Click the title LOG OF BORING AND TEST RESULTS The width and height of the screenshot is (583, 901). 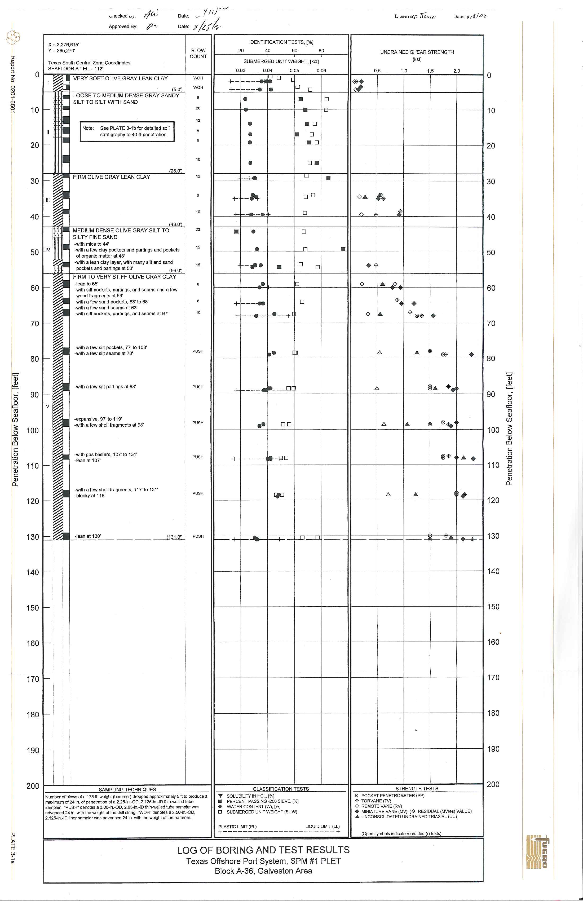263,850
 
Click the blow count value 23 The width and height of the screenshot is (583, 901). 198,229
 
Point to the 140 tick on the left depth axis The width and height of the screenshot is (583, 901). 33,572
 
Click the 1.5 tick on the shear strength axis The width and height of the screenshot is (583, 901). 430,71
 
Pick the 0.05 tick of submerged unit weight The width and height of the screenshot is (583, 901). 294,70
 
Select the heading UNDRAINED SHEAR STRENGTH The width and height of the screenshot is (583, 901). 417,52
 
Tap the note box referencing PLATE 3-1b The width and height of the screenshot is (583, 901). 127,131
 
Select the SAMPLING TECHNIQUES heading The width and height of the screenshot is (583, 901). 127,789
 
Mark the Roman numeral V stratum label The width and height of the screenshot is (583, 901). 47,407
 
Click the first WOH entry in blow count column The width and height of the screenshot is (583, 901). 198,78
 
